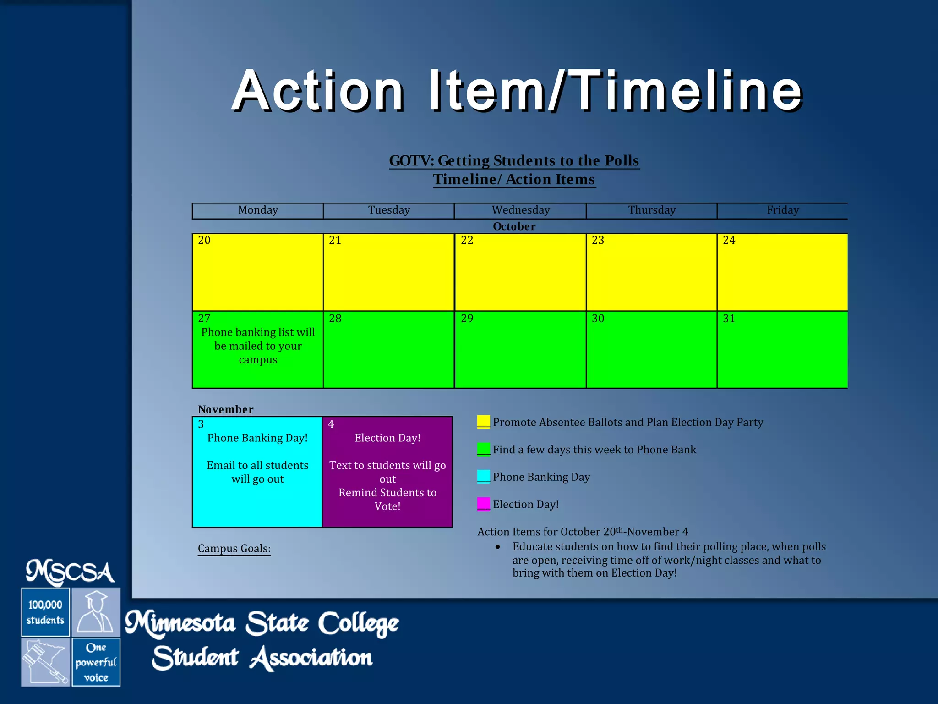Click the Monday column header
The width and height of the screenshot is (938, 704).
(x=258, y=210)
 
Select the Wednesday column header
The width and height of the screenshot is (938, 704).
(x=520, y=210)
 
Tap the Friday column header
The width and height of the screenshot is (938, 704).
(x=782, y=210)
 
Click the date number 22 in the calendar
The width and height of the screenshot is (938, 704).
(x=467, y=240)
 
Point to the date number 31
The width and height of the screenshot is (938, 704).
(x=729, y=319)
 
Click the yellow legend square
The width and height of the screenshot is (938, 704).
(x=483, y=421)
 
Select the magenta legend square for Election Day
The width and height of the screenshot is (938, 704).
(x=483, y=503)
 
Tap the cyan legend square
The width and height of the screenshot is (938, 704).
(x=483, y=476)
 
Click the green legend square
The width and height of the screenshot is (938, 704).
(x=483, y=449)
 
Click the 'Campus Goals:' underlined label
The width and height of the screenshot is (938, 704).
(x=234, y=549)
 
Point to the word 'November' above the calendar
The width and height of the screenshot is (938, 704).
(x=225, y=409)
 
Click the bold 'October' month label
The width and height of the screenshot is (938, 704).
(x=514, y=226)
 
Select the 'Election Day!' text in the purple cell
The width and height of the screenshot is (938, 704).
(x=387, y=438)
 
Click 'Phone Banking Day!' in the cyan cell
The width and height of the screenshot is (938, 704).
(x=257, y=438)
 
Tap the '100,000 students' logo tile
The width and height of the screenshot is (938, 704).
(x=45, y=612)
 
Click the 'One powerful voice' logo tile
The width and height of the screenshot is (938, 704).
(x=96, y=662)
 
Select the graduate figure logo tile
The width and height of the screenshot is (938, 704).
(x=96, y=612)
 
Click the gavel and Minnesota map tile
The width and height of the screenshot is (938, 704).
(x=45, y=662)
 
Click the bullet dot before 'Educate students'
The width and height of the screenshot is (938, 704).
(x=497, y=547)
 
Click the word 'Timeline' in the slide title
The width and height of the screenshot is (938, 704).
(x=687, y=90)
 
